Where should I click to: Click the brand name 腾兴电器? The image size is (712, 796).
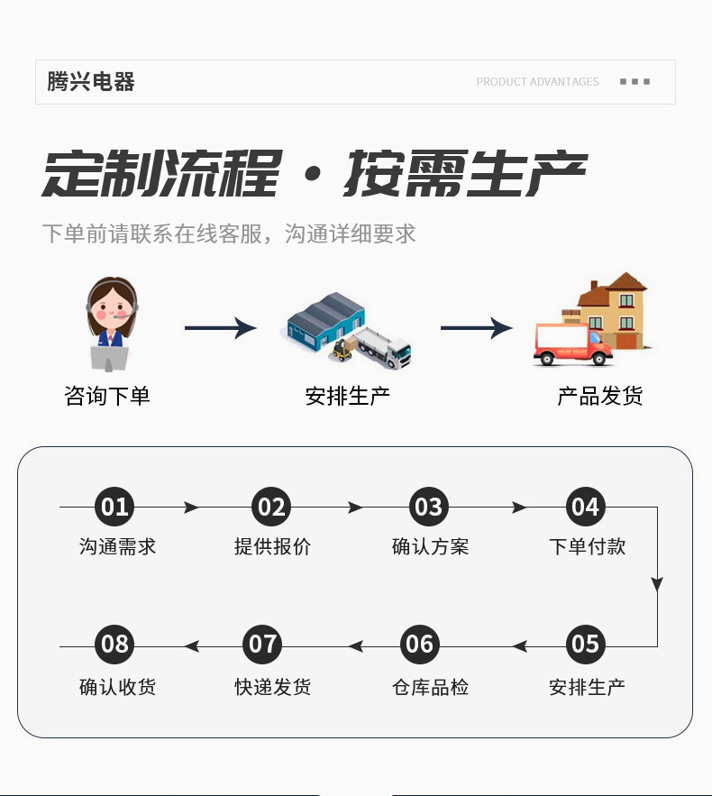click(x=91, y=82)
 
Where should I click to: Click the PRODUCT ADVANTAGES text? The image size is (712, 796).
click(x=537, y=82)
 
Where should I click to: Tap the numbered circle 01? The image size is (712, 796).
click(x=114, y=507)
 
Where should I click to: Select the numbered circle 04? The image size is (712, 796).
click(x=585, y=507)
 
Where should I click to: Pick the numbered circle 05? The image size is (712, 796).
click(x=585, y=645)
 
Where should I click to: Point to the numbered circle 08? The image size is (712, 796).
click(x=114, y=645)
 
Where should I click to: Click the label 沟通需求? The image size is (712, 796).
click(x=117, y=546)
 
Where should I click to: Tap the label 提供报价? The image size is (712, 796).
click(x=272, y=546)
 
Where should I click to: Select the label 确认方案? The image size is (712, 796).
click(x=430, y=546)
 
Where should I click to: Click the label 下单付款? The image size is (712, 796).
click(x=587, y=546)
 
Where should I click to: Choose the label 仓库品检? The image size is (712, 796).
click(x=430, y=687)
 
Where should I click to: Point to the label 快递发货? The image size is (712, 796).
click(x=273, y=687)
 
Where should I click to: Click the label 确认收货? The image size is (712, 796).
click(x=117, y=687)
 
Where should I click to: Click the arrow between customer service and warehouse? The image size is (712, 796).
click(x=220, y=328)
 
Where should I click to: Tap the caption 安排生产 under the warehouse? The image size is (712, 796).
click(x=347, y=396)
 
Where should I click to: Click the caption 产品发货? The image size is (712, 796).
click(x=599, y=396)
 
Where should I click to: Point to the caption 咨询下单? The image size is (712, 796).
click(x=107, y=396)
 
